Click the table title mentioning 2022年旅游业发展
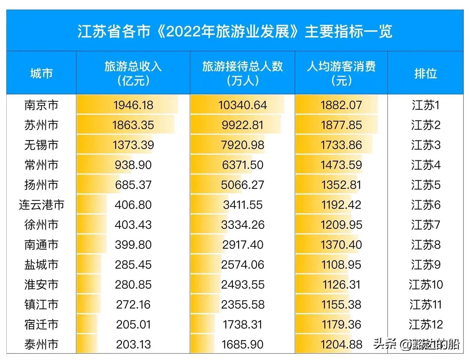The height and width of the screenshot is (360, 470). coord(235,31)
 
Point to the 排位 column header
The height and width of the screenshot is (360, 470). coord(425,73)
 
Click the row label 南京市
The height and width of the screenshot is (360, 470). coord(41,105)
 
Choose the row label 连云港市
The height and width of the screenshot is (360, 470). coord(41,205)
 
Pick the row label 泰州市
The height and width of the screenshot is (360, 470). coord(41,344)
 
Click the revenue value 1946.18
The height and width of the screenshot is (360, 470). coord(133,105)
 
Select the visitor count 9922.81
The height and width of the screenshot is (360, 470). coord(242,125)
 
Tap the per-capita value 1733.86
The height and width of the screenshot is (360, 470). coord(341,145)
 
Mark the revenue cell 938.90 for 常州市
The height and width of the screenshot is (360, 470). coord(133,165)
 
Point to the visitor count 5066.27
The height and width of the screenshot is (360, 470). coord(242,185)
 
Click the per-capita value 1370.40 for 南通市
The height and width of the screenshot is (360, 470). coord(341,244)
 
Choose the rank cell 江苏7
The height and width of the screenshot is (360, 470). coord(425,225)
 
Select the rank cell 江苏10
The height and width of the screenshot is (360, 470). coord(426,284)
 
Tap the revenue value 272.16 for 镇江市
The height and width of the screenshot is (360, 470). coord(133,304)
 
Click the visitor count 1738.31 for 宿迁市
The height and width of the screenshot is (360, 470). coord(242,324)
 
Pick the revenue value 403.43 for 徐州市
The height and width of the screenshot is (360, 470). coord(133,225)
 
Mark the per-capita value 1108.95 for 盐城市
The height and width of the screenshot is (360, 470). coord(341,265)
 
